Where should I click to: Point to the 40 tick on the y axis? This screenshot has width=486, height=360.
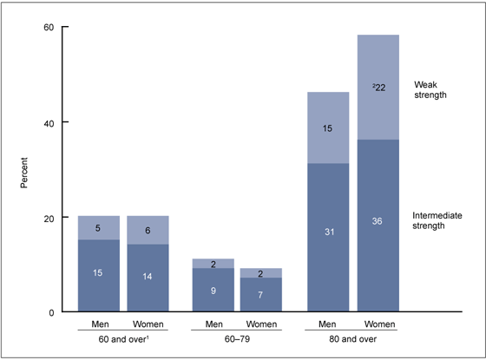(49, 122)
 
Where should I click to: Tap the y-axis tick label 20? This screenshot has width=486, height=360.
(49, 218)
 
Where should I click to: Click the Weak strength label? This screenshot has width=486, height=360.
(430, 88)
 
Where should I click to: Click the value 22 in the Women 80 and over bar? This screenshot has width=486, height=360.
(378, 88)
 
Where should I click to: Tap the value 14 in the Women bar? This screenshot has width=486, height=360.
(148, 274)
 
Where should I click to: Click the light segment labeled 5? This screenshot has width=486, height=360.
(99, 228)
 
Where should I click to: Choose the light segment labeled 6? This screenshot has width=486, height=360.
(148, 230)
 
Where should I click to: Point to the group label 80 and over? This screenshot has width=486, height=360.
(353, 341)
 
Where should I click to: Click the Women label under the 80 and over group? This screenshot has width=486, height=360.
(378, 325)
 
